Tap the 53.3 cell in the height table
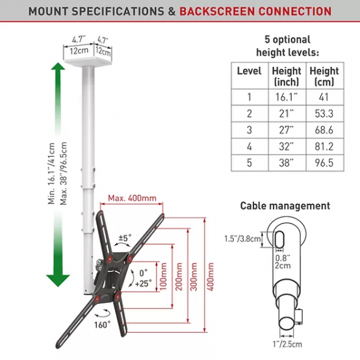[324, 114]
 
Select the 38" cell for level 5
[287, 163]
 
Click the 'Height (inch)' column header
[287, 76]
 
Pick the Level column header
[249, 71]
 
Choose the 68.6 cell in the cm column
[324, 130]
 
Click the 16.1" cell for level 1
[287, 97]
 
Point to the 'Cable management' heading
[285, 206]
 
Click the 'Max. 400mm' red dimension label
[132, 198]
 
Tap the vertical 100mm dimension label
[163, 276]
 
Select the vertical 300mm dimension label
[194, 276]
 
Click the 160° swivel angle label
[103, 325]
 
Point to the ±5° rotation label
[125, 238]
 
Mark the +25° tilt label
[143, 284]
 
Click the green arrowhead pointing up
[58, 66]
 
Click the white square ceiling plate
[88, 61]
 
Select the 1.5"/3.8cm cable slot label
[243, 238]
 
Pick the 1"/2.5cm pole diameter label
[287, 344]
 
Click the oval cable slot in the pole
[279, 240]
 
